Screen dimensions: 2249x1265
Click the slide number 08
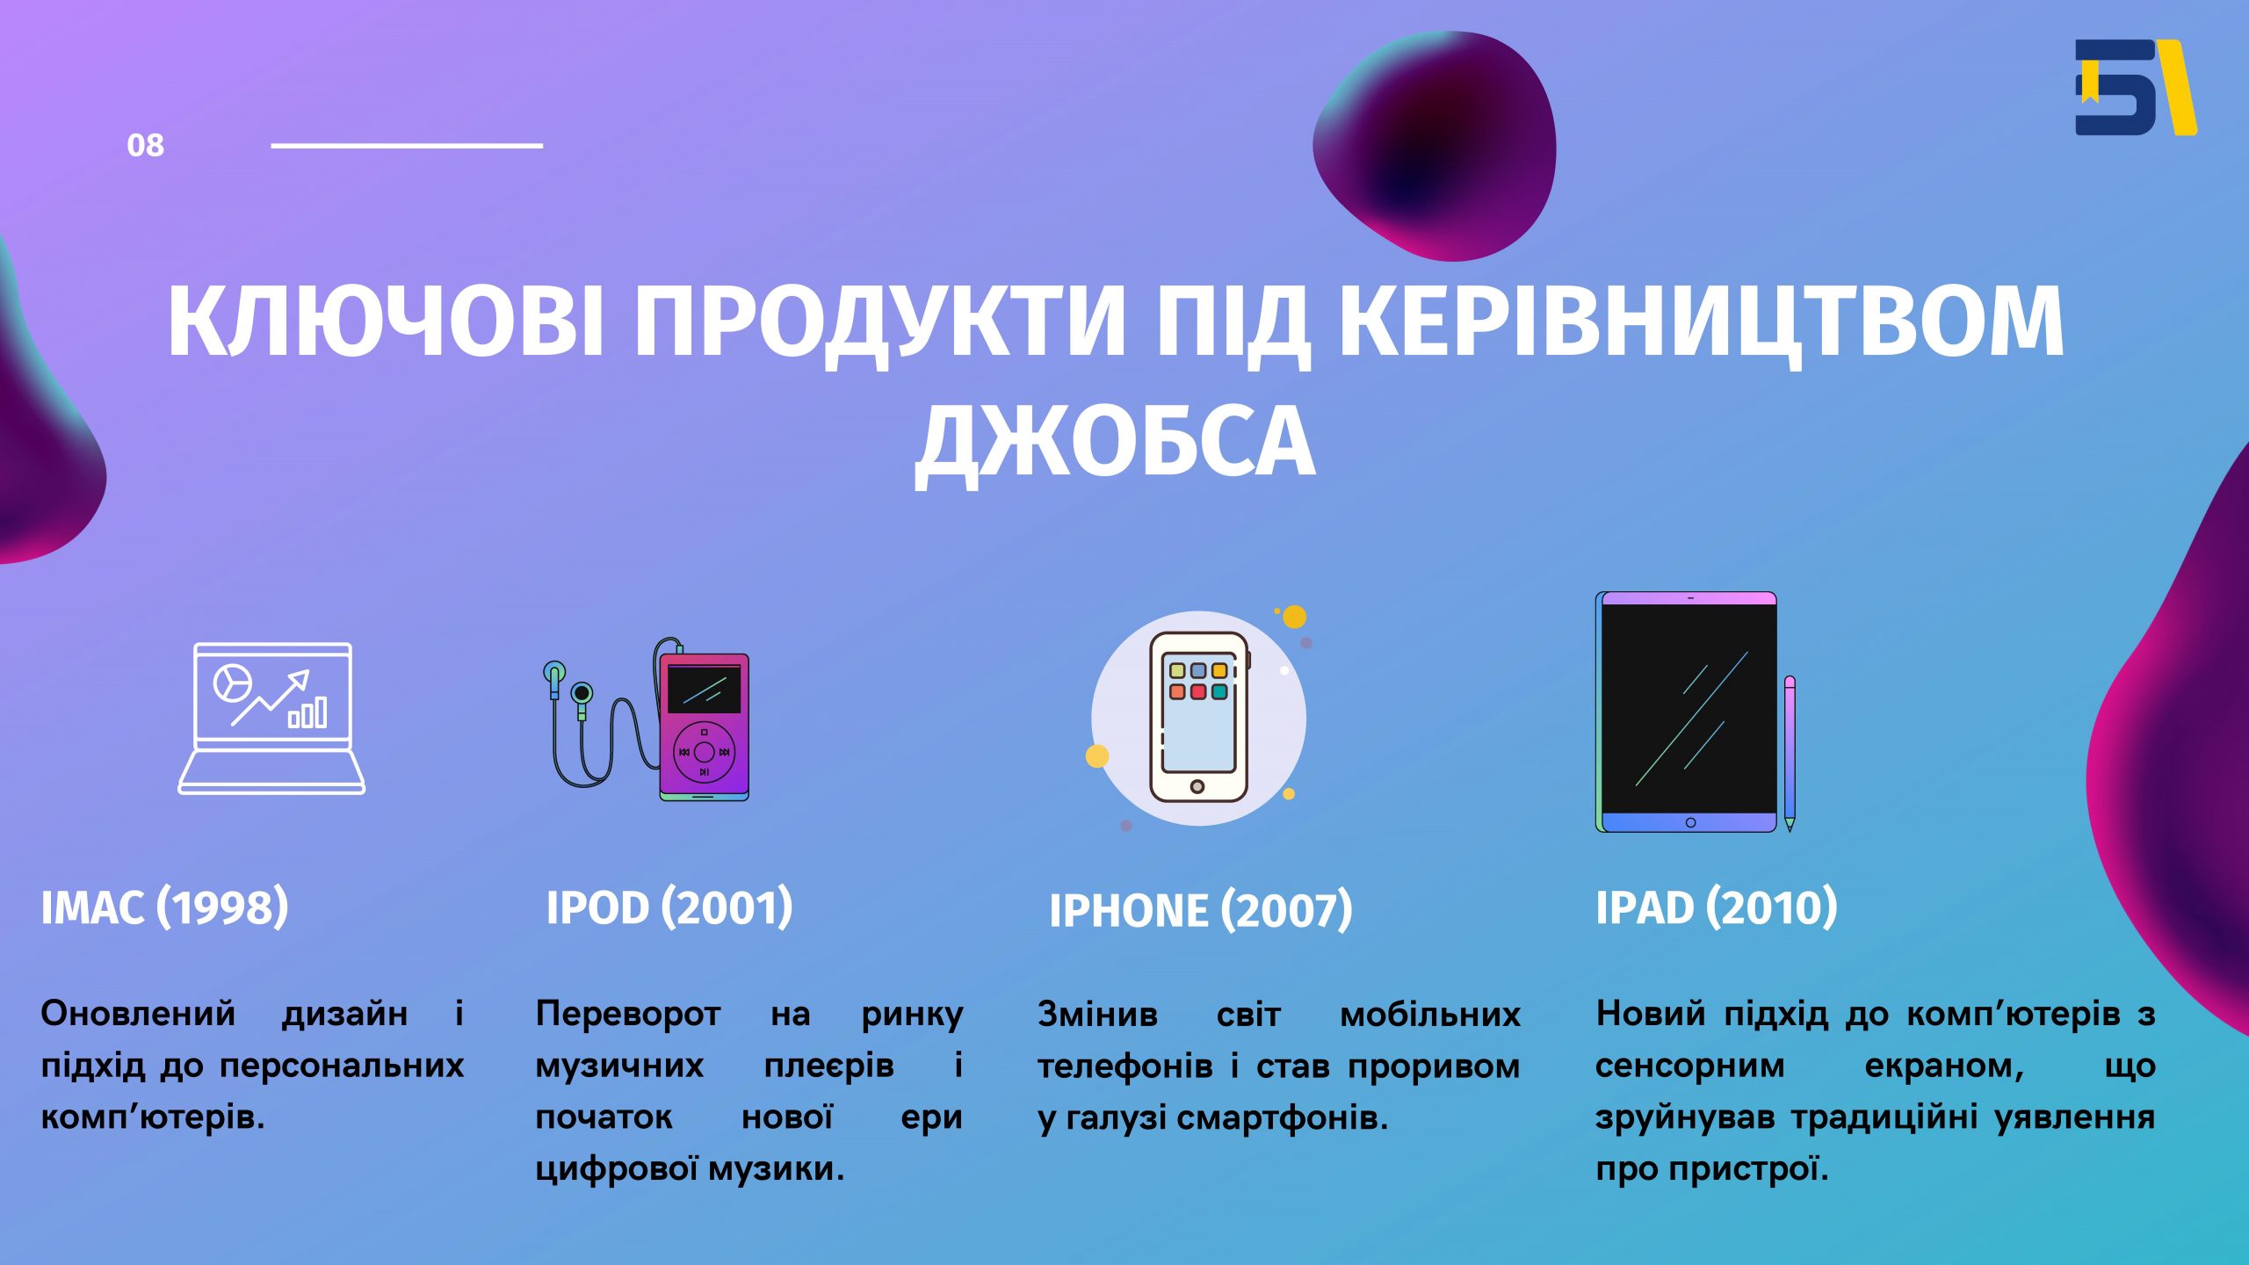click(145, 145)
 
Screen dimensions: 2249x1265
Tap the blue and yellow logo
click(2136, 87)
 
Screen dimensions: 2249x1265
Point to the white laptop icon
click(271, 719)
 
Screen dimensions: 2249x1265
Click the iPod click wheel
click(704, 752)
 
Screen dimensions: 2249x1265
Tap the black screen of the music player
click(704, 690)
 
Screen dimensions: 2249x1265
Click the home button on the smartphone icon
click(1197, 786)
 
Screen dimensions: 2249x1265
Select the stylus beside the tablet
click(1790, 753)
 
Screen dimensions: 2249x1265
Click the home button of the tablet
click(1690, 822)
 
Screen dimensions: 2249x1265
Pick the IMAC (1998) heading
click(165, 907)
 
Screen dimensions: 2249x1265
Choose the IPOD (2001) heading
click(669, 907)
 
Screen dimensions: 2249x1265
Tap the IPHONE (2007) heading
click(1201, 910)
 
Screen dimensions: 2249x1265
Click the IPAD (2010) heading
click(1717, 907)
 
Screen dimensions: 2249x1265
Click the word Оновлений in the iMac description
click(138, 1014)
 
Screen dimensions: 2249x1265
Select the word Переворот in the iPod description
click(628, 1014)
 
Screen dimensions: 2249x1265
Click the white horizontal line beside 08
click(407, 146)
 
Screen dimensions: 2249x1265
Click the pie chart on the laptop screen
click(233, 683)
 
